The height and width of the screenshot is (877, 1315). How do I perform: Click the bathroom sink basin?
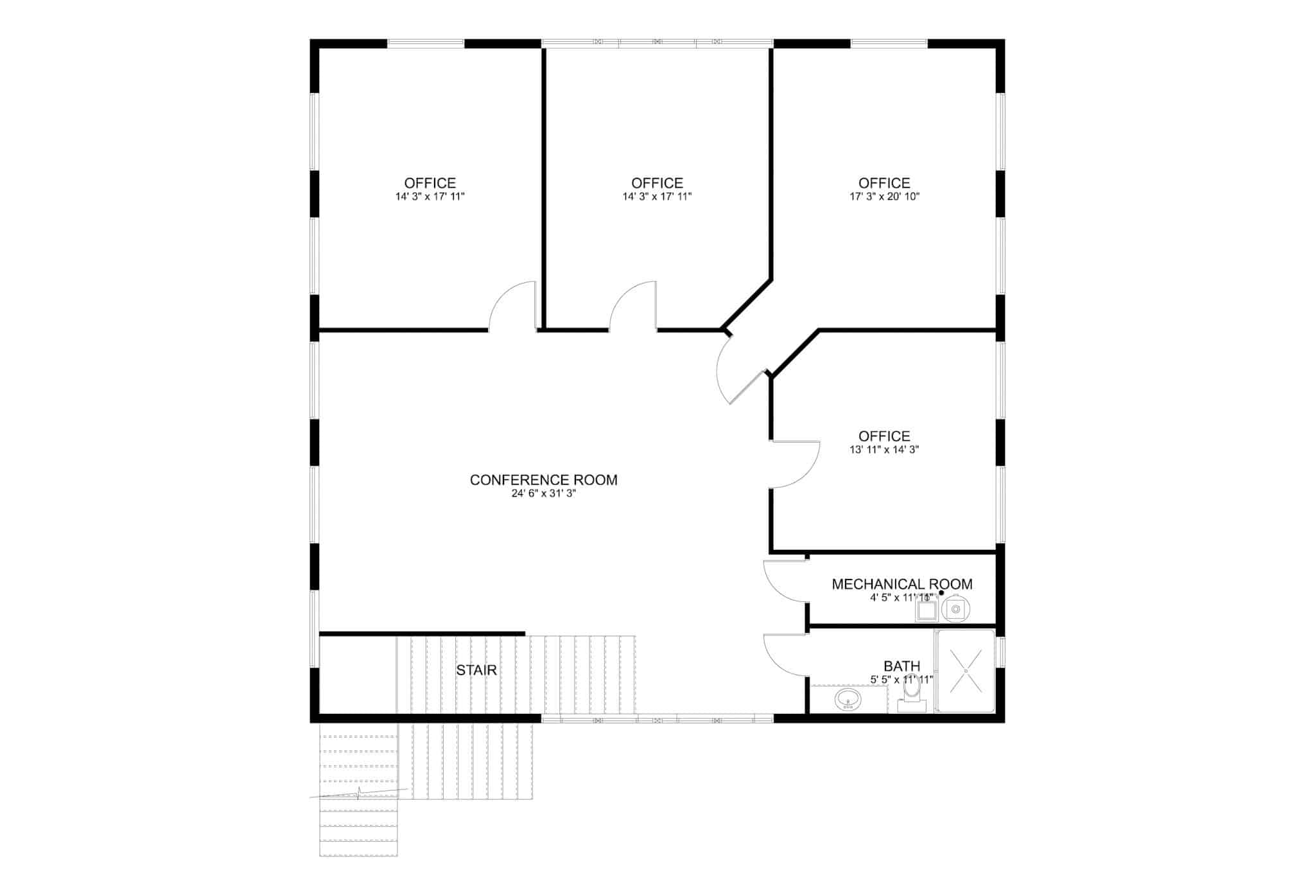pyautogui.click(x=848, y=700)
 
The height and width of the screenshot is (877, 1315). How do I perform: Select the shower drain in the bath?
pyautogui.click(x=966, y=670)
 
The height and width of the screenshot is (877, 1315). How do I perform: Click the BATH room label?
pyautogui.click(x=901, y=666)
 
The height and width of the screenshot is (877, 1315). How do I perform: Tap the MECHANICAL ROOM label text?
pyautogui.click(x=901, y=584)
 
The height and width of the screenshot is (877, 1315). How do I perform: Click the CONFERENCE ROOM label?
pyautogui.click(x=543, y=480)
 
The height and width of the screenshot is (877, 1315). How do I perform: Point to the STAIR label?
pyautogui.click(x=476, y=671)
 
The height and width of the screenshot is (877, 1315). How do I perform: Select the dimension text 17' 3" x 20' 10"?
pyautogui.click(x=884, y=197)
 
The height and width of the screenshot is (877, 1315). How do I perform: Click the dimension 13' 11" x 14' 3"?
pyautogui.click(x=884, y=450)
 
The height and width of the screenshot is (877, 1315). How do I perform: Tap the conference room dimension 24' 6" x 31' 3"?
pyautogui.click(x=543, y=493)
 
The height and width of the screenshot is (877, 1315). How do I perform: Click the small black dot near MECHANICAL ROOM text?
pyautogui.click(x=941, y=593)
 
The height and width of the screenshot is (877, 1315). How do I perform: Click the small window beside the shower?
pyautogui.click(x=1000, y=651)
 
